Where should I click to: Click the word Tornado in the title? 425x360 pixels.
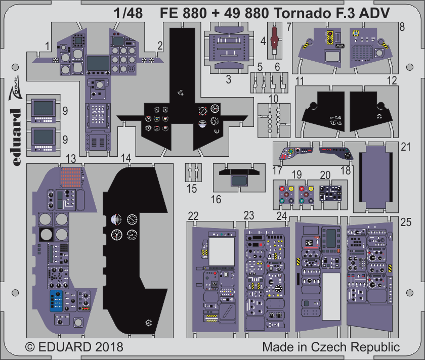tap(301, 13)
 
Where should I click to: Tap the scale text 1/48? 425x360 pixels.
tap(128, 13)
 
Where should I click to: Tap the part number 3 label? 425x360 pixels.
tap(229, 80)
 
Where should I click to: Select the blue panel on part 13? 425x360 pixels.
tap(56, 301)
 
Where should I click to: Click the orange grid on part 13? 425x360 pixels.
tap(71, 177)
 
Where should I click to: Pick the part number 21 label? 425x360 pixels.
tap(406, 147)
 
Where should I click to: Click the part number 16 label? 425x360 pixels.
tap(216, 199)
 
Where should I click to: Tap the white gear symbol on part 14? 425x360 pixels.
tap(148, 323)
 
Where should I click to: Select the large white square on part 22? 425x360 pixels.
tap(222, 252)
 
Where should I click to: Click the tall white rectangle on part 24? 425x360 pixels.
tap(331, 296)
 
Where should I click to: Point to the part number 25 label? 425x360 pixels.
tap(406, 222)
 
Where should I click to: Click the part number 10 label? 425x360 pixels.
tap(274, 99)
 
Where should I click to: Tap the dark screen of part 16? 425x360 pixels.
tap(239, 181)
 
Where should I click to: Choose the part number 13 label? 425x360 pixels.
tap(71, 159)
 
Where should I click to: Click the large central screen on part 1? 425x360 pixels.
tap(98, 63)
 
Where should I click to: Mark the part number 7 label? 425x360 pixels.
tap(289, 27)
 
